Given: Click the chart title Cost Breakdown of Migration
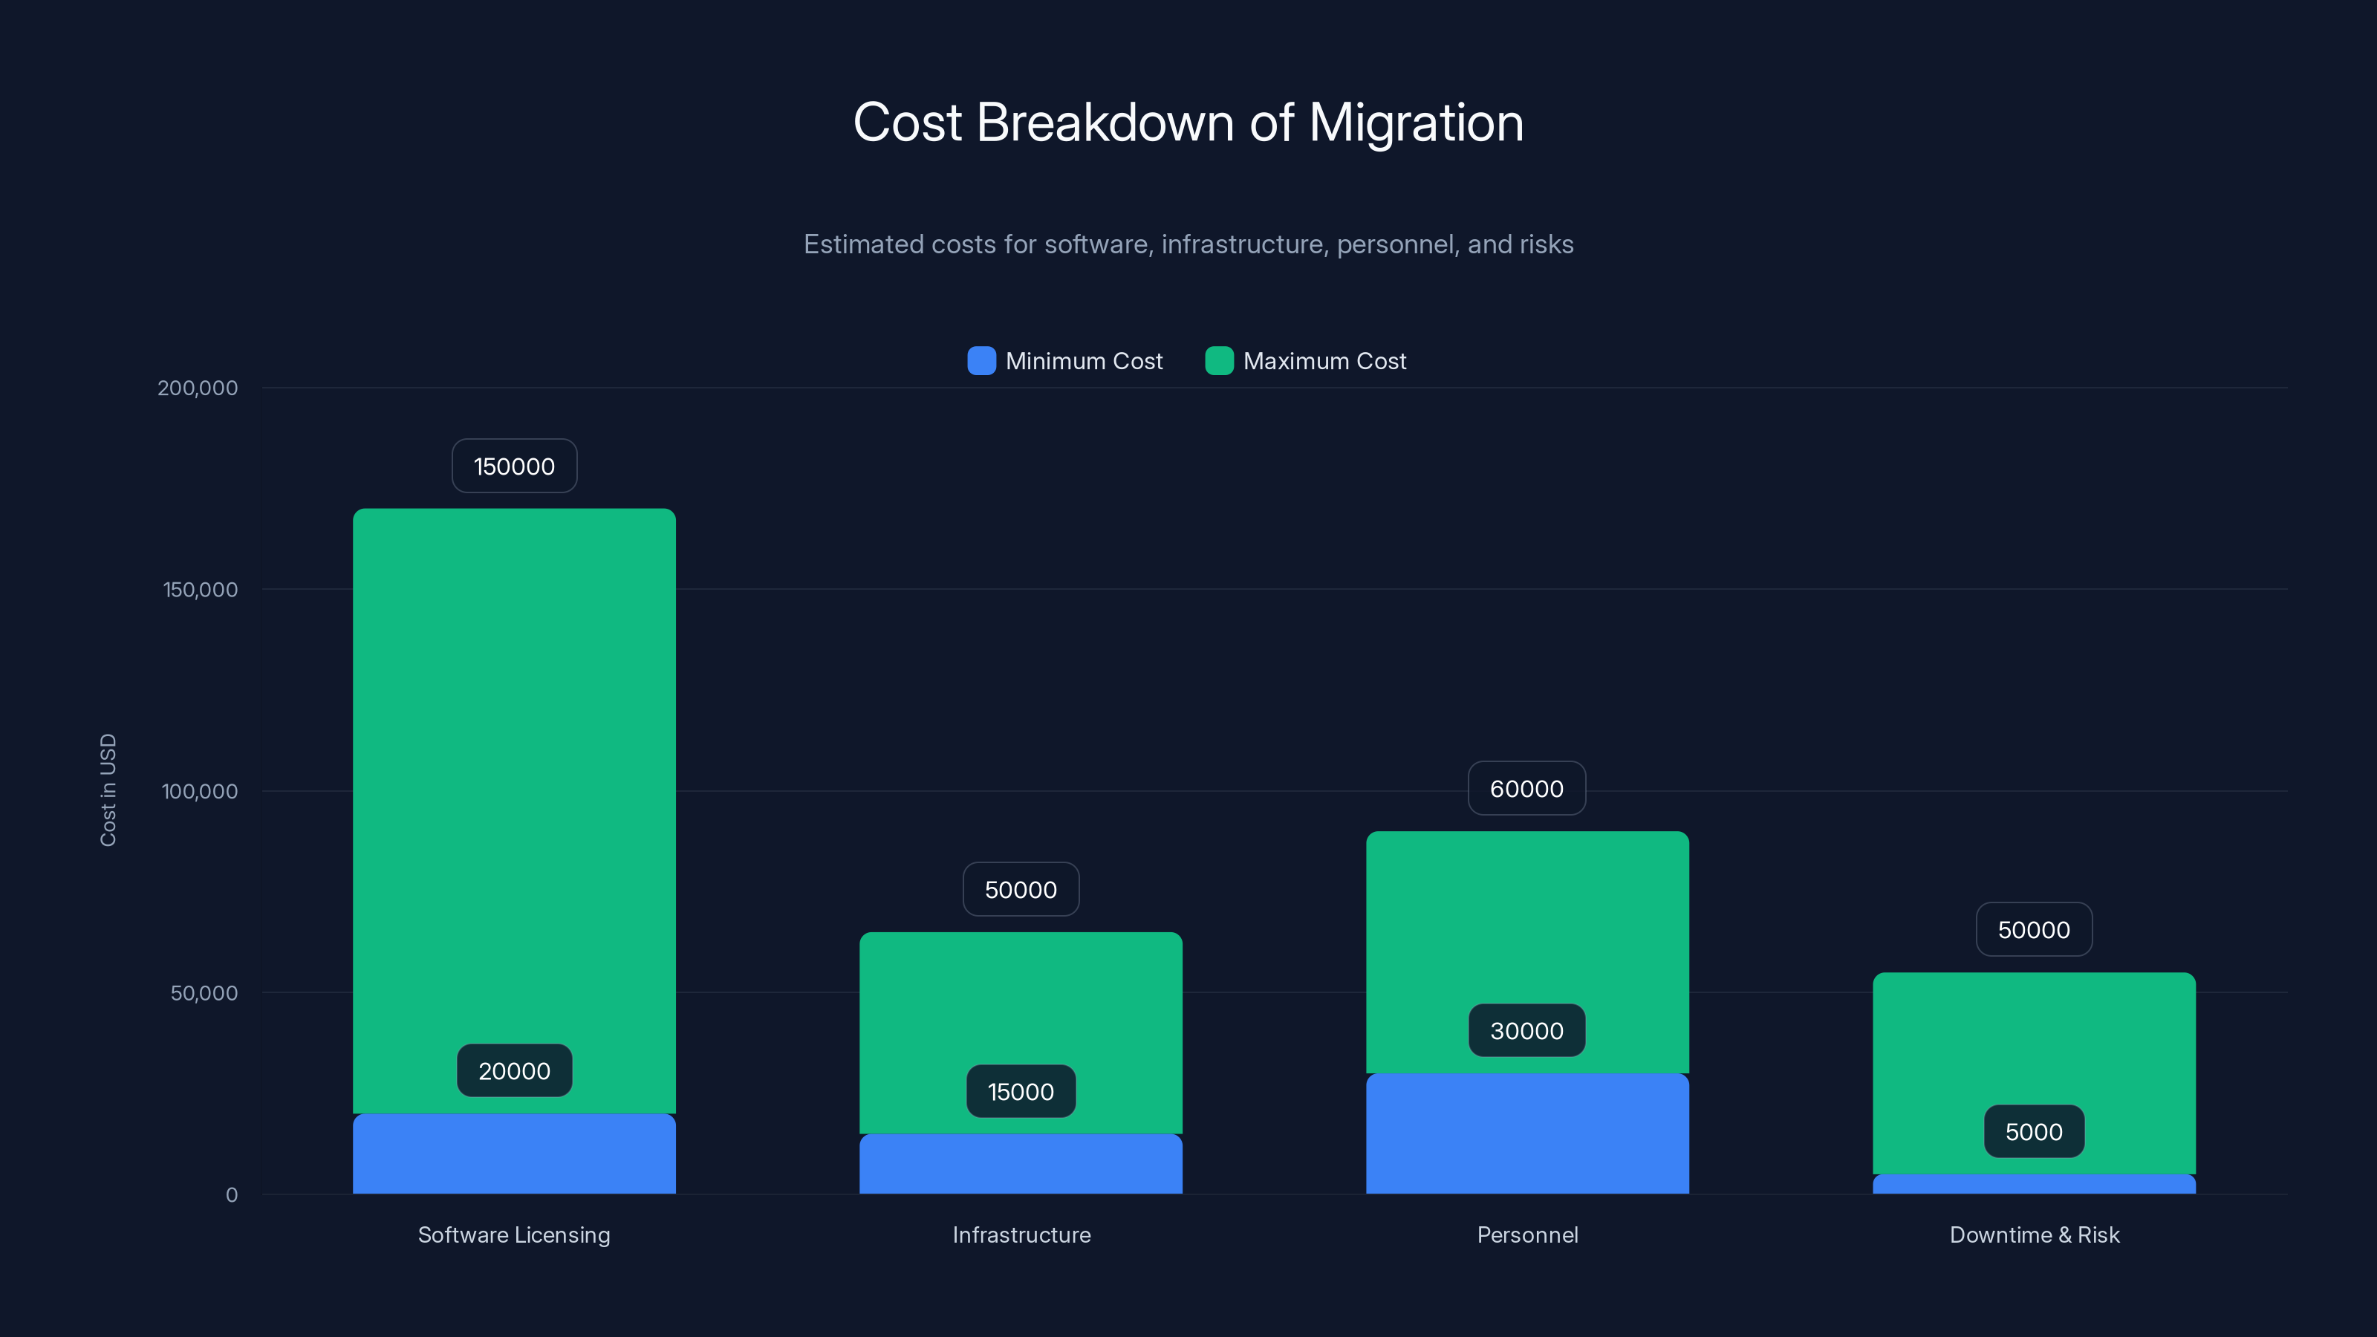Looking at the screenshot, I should (x=1188, y=123).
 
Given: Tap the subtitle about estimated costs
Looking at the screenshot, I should (x=1188, y=244).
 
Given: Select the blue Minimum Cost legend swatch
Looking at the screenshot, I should (x=981, y=361).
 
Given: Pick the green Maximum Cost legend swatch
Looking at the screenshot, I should (x=1219, y=361).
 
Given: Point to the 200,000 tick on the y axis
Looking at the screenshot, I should (x=198, y=388).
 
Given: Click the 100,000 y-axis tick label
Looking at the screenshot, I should (x=199, y=791).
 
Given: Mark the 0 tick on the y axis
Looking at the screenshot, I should (x=232, y=1195).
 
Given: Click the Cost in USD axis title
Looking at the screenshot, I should (x=108, y=790).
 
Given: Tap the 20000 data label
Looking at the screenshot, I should (x=514, y=1071).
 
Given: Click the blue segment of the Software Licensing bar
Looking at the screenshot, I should (x=514, y=1155).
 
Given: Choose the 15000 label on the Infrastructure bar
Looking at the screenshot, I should (x=1021, y=1093).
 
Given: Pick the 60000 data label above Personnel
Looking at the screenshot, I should (x=1526, y=789).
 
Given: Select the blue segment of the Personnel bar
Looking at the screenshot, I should (x=1526, y=1135).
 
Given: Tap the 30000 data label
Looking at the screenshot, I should (x=1526, y=1032).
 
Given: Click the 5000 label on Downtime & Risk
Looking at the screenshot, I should (x=2034, y=1132).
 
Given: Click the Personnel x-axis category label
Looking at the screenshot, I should (x=1527, y=1235).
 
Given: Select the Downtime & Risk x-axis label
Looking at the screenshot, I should (x=2034, y=1235).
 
